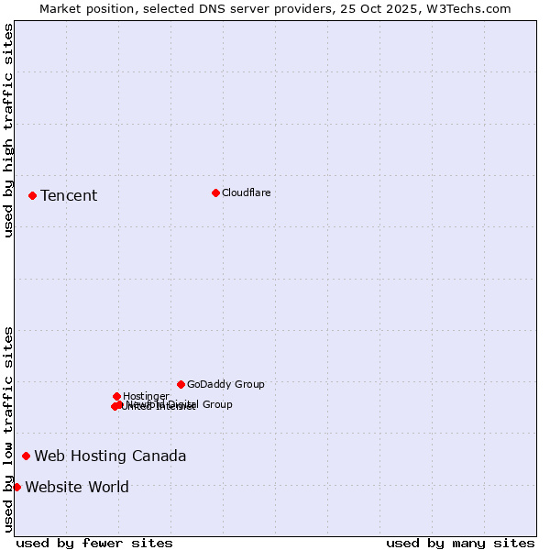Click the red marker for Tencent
pos(32,195)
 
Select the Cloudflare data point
pos(215,192)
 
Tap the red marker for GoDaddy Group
pos(181,384)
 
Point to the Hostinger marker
pos(116,396)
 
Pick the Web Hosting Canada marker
pos(26,456)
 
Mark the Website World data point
pos(16,487)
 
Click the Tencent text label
pos(69,195)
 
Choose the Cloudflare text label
pos(246,192)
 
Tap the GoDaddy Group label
pos(225,384)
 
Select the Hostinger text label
pos(146,396)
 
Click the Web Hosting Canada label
pos(110,456)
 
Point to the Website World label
pos(77,487)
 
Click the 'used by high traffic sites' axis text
pos(8,130)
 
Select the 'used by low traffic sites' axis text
pos(8,428)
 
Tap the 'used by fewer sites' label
pos(94,543)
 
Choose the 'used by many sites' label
pos(460,543)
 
